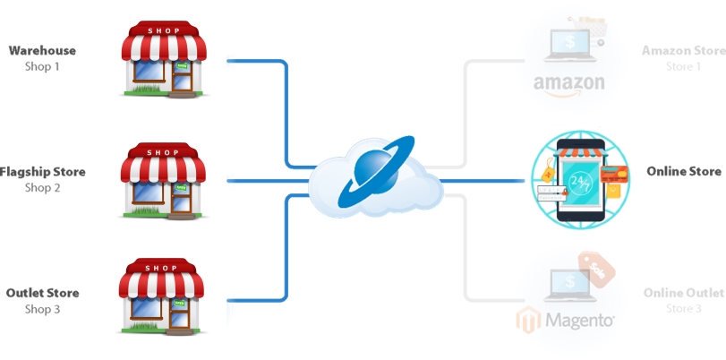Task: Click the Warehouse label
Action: tap(42, 51)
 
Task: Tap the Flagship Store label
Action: tap(43, 172)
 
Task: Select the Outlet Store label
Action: tap(42, 293)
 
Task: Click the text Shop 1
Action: tap(42, 66)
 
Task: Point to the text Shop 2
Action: tap(42, 187)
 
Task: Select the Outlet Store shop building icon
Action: tap(162, 301)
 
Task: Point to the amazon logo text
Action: tap(568, 83)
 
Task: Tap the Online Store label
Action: tap(683, 171)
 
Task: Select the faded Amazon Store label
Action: tap(683, 51)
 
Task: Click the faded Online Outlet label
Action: tap(683, 293)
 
